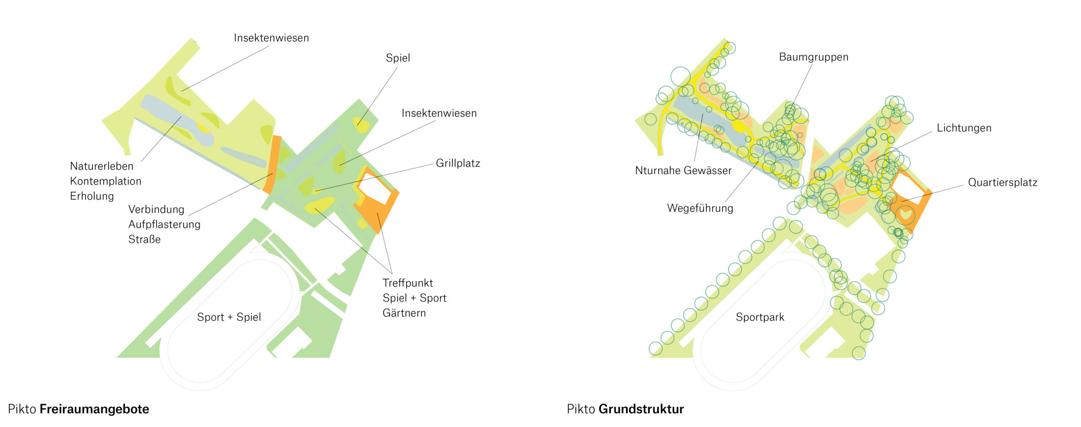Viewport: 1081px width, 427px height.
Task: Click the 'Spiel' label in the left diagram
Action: [x=398, y=58]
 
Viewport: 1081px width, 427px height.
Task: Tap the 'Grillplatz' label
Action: [x=458, y=163]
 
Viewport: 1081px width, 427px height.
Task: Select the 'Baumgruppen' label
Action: [x=813, y=57]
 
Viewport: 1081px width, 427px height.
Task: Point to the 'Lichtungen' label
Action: [x=964, y=128]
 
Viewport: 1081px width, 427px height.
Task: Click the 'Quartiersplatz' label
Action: [x=1002, y=183]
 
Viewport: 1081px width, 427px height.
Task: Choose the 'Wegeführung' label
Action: [x=700, y=208]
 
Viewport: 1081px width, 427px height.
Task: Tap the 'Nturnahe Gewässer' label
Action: [x=683, y=170]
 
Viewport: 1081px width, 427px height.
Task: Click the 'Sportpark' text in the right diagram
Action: [x=760, y=317]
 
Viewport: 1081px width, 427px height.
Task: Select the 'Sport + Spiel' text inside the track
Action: [x=229, y=317]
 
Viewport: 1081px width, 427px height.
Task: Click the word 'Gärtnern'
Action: [x=404, y=313]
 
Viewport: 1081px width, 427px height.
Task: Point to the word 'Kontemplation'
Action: [x=106, y=181]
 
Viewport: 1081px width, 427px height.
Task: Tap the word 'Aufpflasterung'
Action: [x=164, y=224]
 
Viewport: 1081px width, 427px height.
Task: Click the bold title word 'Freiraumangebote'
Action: [x=94, y=409]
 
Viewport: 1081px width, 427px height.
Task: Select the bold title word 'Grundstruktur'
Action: [x=641, y=409]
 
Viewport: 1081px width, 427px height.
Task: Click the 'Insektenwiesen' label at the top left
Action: [x=271, y=38]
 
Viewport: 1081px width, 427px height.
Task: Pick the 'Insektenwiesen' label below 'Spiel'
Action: [x=439, y=113]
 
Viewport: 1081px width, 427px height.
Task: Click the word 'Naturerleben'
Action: [x=101, y=166]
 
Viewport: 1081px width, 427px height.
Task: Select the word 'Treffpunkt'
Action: [x=407, y=283]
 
